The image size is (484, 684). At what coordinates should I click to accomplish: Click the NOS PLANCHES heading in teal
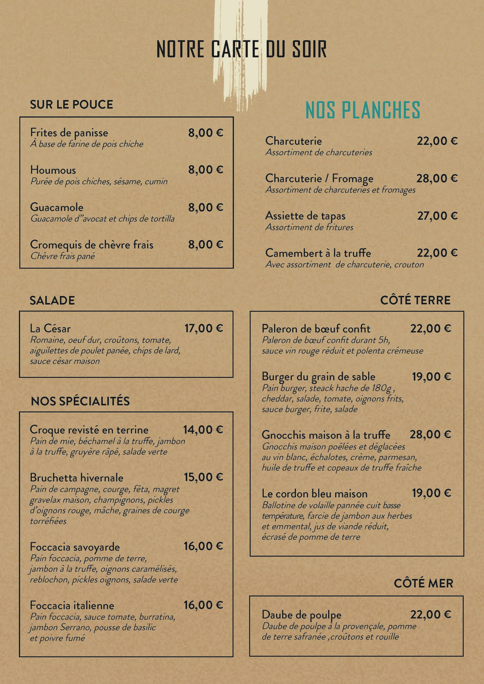(x=363, y=110)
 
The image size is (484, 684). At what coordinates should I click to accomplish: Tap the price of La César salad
(x=204, y=328)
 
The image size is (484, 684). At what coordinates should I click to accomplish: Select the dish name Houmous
(x=53, y=170)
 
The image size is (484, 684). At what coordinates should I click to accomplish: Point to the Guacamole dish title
(x=57, y=207)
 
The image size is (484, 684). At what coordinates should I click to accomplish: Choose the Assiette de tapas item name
(x=305, y=216)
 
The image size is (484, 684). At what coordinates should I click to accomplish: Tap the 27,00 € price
(x=437, y=216)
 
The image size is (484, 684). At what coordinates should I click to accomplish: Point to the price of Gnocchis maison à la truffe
(x=430, y=435)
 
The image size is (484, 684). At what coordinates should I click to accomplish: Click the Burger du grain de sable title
(x=318, y=377)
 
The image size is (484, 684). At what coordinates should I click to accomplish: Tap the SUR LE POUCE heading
(x=72, y=104)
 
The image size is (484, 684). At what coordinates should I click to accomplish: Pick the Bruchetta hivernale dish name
(x=77, y=478)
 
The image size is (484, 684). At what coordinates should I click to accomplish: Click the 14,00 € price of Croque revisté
(x=203, y=430)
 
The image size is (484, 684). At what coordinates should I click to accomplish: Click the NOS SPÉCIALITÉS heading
(x=80, y=401)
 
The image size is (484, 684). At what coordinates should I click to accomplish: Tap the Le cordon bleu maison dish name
(x=314, y=494)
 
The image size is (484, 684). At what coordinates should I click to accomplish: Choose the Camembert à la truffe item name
(x=318, y=253)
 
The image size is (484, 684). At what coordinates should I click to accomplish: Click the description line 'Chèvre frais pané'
(x=63, y=256)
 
